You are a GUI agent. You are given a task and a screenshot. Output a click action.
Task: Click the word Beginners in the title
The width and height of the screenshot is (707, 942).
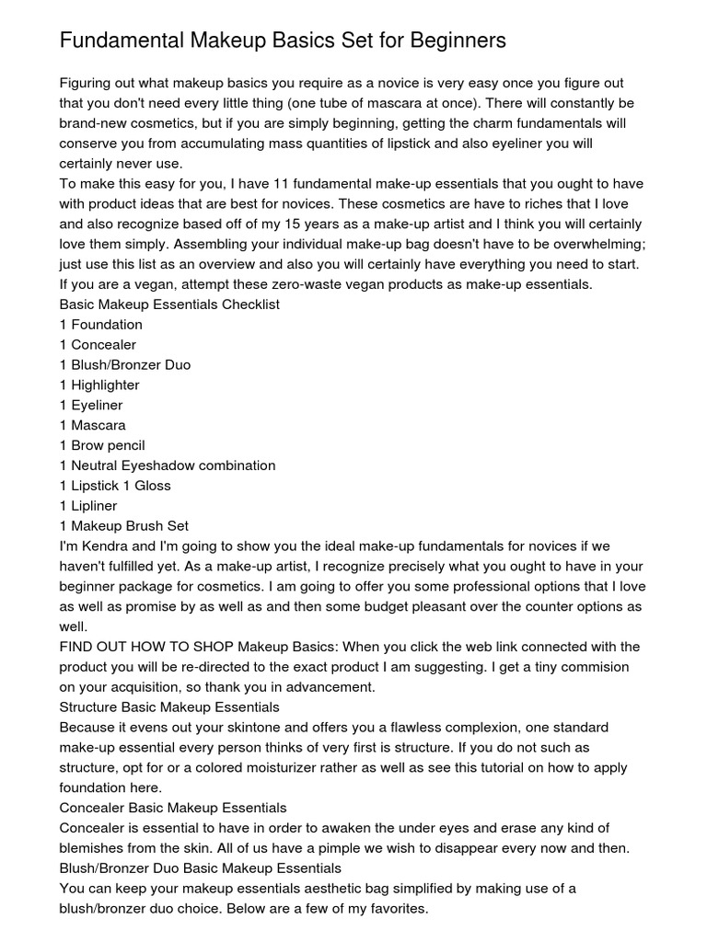coord(458,41)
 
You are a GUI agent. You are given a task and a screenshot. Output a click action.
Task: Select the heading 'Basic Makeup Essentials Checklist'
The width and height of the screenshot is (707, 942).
coord(169,304)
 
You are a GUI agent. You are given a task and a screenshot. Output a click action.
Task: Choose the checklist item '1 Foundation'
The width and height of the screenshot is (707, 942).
coord(101,325)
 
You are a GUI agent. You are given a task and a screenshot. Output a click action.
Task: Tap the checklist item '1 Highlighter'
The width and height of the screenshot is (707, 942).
coord(99,385)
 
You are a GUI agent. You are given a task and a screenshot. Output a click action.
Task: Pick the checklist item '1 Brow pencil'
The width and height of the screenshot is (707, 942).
coord(102,445)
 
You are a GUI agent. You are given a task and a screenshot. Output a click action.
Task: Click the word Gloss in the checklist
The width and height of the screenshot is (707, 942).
coord(152,486)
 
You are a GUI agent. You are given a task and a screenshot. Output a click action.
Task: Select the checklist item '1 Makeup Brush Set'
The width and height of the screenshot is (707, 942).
coord(124,526)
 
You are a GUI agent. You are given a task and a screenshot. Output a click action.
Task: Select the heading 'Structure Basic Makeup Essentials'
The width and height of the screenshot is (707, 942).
coord(169,707)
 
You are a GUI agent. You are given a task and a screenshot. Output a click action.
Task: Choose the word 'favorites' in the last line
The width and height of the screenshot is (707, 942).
coord(394,909)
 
